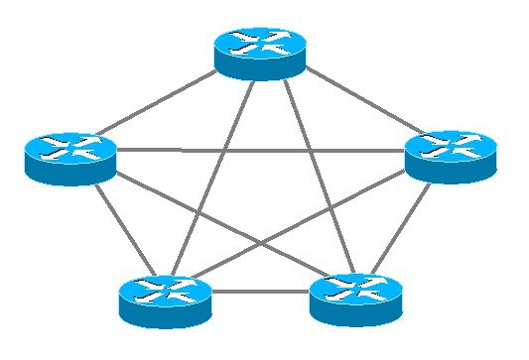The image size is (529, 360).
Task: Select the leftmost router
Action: (x=70, y=158)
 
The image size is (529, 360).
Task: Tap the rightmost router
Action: (x=449, y=156)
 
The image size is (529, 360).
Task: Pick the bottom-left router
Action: (x=165, y=300)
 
